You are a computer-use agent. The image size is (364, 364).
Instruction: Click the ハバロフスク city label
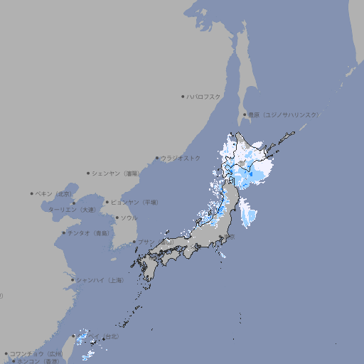[x=204, y=96]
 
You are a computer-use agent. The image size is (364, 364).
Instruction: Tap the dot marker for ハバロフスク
[x=183, y=96]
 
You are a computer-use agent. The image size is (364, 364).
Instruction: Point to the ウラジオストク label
[x=181, y=158]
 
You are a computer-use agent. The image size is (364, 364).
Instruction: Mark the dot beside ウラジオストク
[x=158, y=158]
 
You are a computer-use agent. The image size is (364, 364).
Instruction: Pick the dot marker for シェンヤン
[x=89, y=173]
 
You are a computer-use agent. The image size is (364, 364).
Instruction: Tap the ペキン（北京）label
[x=54, y=193]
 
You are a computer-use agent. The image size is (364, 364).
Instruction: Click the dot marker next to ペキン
[x=32, y=193]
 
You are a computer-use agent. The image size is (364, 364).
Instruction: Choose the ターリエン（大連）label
[x=72, y=210]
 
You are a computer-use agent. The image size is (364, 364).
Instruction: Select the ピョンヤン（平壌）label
[x=134, y=202]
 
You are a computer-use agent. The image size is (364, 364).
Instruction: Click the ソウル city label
[x=129, y=218]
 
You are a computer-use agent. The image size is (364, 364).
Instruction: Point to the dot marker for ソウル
[x=117, y=218]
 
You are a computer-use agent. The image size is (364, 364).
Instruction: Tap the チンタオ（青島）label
[x=89, y=232]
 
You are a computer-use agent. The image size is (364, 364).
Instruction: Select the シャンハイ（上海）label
[x=100, y=280]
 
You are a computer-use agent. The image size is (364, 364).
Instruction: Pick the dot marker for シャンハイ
[x=73, y=280]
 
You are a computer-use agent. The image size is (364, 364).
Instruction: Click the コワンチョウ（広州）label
[x=36, y=353]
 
